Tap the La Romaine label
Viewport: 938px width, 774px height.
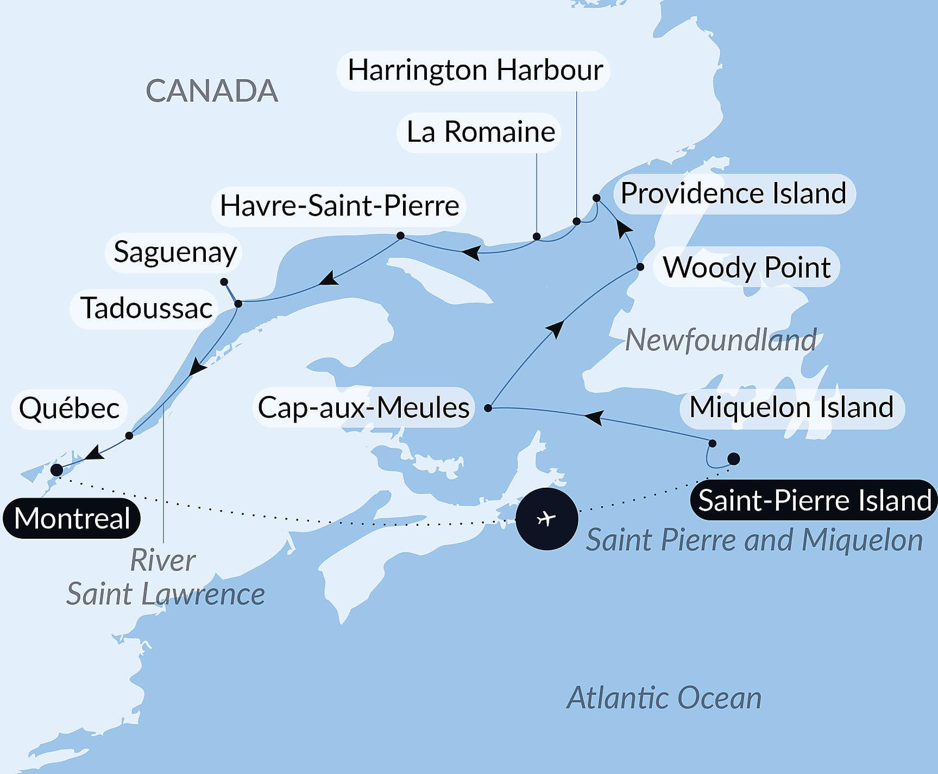click(480, 133)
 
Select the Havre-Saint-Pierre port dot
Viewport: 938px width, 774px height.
click(400, 235)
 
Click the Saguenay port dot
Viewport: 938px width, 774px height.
click(224, 282)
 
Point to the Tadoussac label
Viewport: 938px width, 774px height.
click(146, 309)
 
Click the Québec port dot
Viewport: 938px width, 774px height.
click(129, 436)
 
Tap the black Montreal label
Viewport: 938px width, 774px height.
click(72, 518)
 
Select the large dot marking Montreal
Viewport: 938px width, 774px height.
click(56, 470)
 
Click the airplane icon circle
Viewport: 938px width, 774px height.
click(546, 519)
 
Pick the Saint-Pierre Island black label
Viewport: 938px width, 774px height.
click(814, 500)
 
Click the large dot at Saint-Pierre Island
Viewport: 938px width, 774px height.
click(733, 459)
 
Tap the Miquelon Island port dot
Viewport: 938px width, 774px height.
click(713, 443)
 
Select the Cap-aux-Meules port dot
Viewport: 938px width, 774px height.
click(488, 408)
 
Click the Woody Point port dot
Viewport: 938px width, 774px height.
click(640, 267)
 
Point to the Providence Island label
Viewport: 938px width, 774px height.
click(733, 193)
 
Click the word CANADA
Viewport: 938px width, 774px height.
click(212, 91)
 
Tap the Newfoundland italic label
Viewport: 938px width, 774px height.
click(720, 341)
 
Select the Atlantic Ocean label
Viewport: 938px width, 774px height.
click(664, 698)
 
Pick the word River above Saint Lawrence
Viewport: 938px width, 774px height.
click(162, 561)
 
